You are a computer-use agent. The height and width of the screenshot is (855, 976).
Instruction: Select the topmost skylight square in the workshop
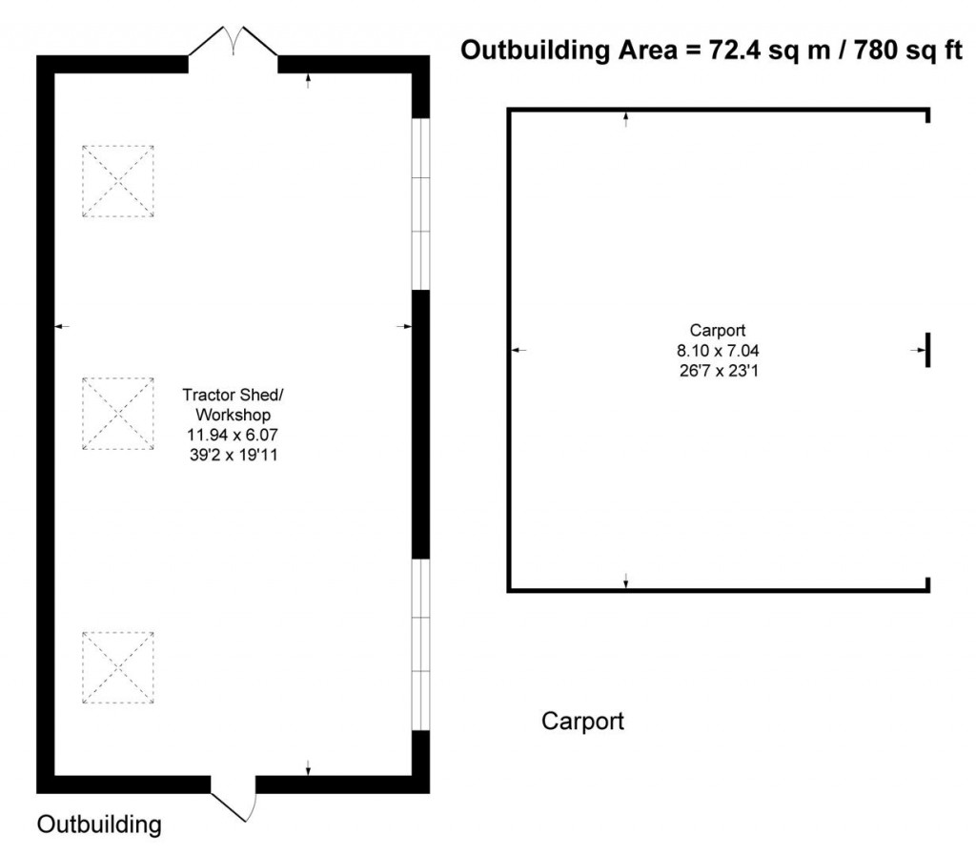(x=117, y=181)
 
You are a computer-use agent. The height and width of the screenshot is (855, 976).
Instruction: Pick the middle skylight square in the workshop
(x=117, y=413)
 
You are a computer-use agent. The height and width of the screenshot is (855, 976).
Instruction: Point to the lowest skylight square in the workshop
(x=117, y=667)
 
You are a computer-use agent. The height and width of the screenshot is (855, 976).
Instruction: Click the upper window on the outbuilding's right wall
(x=421, y=204)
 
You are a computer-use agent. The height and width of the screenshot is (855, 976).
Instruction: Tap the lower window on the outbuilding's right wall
(x=421, y=644)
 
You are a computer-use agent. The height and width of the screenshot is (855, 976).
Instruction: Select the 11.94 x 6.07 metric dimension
(x=233, y=436)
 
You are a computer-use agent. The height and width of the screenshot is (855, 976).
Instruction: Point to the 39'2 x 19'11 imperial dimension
(x=233, y=456)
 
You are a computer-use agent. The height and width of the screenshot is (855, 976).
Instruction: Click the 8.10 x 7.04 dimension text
(x=718, y=350)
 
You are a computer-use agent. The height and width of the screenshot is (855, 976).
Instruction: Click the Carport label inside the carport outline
(x=718, y=331)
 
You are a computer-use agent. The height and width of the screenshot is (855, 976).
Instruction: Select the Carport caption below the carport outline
(x=582, y=721)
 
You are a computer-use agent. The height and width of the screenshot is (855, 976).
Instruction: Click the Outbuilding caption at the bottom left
(x=99, y=824)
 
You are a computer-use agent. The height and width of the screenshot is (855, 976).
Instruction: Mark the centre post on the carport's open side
(x=927, y=350)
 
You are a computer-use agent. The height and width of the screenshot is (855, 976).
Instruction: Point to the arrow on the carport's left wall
(x=518, y=351)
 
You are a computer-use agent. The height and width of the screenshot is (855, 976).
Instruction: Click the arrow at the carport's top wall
(x=626, y=118)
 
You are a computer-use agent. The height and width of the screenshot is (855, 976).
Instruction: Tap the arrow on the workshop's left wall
(x=62, y=327)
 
